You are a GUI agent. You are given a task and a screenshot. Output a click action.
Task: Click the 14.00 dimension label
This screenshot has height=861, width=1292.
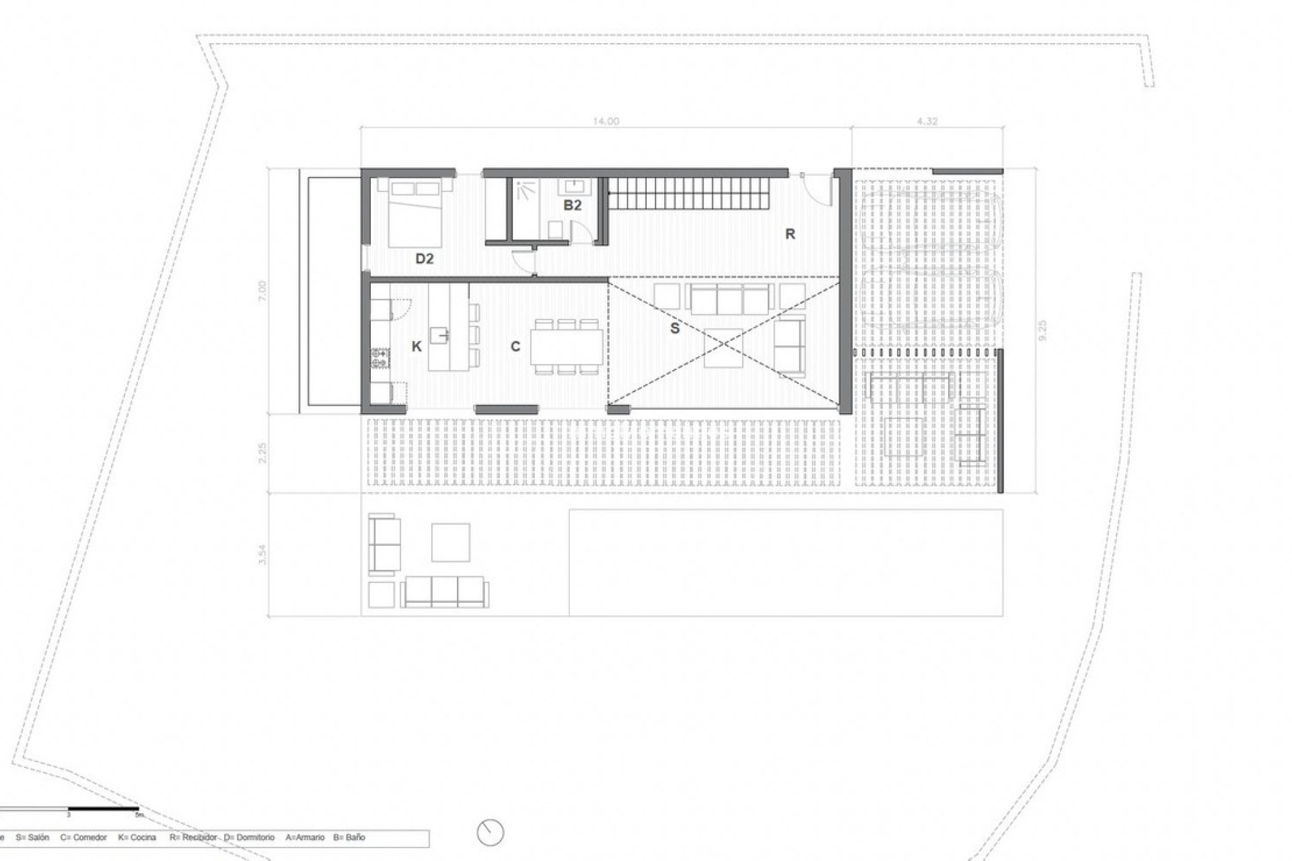tap(605, 122)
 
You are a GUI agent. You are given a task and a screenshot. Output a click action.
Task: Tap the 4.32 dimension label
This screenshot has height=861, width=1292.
tap(927, 122)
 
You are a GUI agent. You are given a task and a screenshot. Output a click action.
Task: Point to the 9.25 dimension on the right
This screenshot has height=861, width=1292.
tap(1043, 330)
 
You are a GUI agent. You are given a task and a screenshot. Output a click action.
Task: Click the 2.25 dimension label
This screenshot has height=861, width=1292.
tap(263, 453)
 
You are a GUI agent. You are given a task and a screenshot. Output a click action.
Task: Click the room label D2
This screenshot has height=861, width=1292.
tap(425, 258)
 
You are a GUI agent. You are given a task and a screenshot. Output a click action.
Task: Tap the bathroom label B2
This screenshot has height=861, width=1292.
tap(572, 205)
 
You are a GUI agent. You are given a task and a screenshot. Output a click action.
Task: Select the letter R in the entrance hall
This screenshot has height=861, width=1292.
tap(790, 234)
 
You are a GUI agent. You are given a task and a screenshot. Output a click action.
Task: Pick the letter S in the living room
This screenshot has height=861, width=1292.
tap(674, 328)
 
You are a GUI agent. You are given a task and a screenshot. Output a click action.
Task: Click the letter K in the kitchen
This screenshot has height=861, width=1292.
tap(417, 346)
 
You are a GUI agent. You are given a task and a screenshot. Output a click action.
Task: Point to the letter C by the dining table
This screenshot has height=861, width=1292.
tap(515, 346)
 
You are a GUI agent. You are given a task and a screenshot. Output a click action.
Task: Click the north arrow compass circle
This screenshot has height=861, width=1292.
tap(491, 832)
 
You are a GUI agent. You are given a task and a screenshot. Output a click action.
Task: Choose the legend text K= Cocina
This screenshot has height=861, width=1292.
tap(137, 837)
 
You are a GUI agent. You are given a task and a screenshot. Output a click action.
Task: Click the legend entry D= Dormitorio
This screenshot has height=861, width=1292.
tap(250, 837)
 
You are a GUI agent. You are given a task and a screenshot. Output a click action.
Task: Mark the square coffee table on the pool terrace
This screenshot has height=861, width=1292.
tap(450, 542)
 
